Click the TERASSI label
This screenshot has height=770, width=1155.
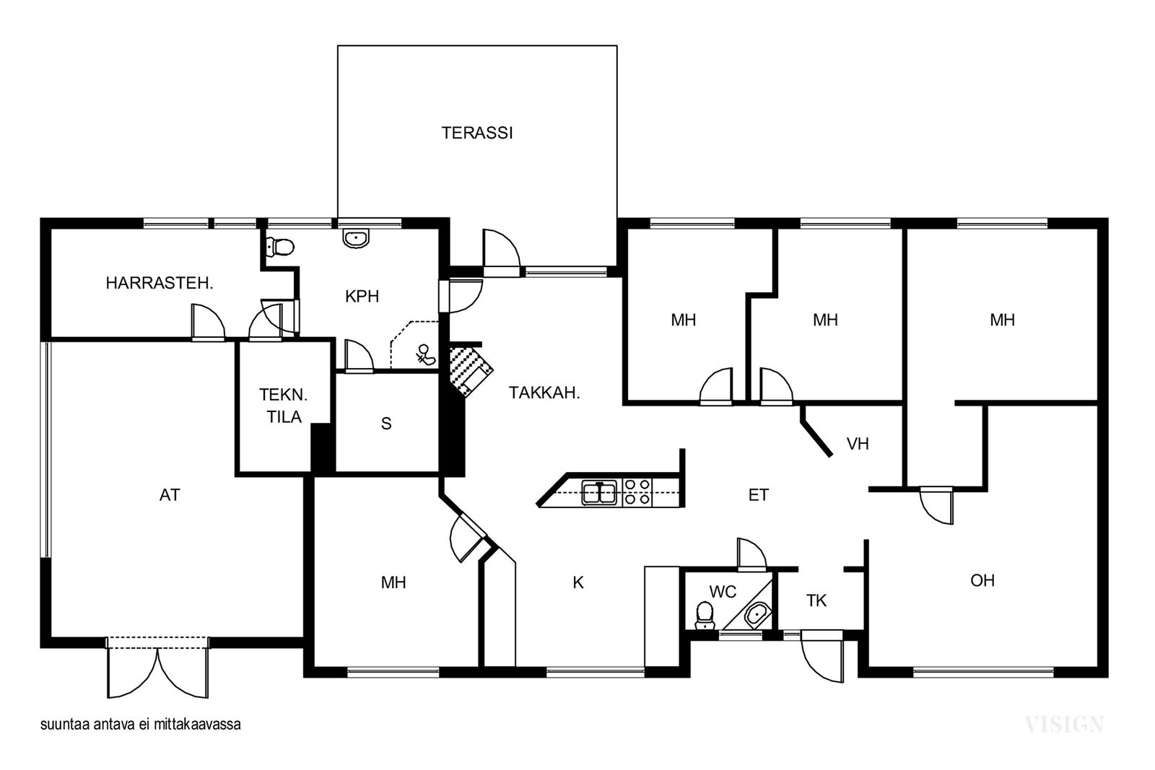point(477,133)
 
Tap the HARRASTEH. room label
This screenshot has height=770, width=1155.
point(160,283)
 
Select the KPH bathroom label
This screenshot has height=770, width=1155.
point(362,297)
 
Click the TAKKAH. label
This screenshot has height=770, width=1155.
point(544,393)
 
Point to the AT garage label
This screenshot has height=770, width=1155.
point(170,495)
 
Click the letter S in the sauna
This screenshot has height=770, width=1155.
point(386,423)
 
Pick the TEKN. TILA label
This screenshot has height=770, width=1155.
point(284,406)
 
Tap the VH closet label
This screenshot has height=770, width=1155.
point(858,443)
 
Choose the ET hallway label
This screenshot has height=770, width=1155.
point(758,495)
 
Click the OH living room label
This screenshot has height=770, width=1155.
point(982,580)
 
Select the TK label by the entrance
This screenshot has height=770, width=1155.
point(816,600)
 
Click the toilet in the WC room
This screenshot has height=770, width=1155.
point(705,616)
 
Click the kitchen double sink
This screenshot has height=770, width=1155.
point(599,492)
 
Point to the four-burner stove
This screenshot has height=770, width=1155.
point(637,492)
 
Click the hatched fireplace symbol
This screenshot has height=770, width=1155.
point(470,369)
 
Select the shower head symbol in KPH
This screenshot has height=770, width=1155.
point(425,354)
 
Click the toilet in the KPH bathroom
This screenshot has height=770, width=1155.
point(279,247)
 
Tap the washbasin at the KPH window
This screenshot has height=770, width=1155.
point(356,238)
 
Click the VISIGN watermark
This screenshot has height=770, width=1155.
point(1064,725)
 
